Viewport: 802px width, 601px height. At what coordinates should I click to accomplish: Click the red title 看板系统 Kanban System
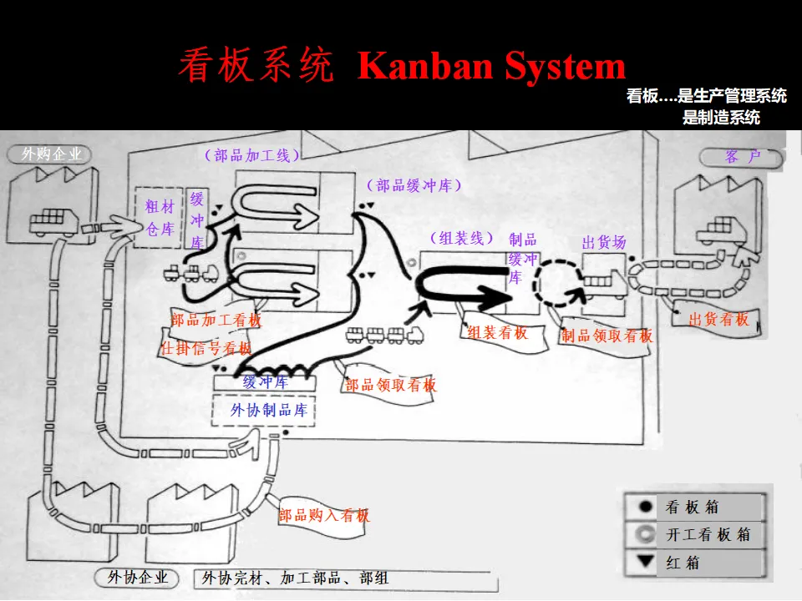click(x=402, y=67)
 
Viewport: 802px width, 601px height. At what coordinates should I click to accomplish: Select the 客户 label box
click(x=742, y=157)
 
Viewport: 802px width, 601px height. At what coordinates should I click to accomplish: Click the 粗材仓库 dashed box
click(x=159, y=217)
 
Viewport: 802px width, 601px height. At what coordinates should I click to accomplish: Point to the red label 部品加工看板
click(x=216, y=320)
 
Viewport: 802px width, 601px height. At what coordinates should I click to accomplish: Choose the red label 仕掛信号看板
click(x=206, y=348)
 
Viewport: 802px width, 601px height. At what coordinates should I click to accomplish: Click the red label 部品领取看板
click(x=391, y=385)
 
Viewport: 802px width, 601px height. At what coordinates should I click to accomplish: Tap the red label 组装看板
click(x=498, y=332)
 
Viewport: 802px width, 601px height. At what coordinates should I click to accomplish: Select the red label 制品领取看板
click(x=607, y=336)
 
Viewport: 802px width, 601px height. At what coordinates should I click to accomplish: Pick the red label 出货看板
click(x=719, y=318)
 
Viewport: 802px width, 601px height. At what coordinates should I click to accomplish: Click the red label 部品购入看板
click(x=324, y=515)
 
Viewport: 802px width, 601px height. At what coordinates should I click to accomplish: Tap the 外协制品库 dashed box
click(x=269, y=409)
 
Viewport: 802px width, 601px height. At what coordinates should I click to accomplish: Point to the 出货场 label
click(x=603, y=243)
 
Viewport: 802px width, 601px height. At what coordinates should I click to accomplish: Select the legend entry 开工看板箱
click(x=695, y=534)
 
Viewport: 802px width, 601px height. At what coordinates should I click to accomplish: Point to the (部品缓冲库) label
click(x=414, y=185)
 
